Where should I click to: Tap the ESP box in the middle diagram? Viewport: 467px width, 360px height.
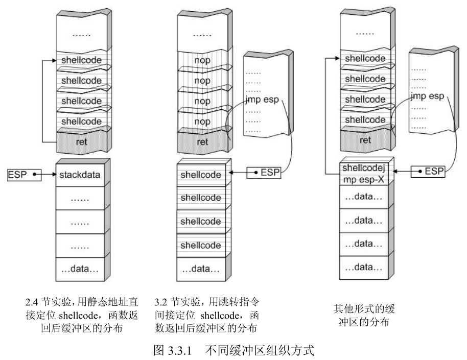click(264, 172)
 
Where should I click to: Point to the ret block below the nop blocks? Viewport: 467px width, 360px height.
click(202, 142)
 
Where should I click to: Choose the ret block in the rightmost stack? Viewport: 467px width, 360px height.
click(365, 140)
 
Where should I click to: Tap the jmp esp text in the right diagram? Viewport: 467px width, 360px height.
click(427, 96)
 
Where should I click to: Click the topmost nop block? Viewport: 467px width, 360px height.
click(202, 60)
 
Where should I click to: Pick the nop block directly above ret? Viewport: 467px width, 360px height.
click(202, 122)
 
